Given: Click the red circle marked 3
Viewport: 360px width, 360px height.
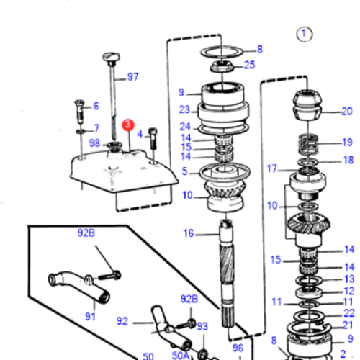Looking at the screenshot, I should point(128,124).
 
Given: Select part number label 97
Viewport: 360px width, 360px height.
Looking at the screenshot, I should point(133,77).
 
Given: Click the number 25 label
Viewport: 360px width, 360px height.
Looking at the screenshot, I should point(249,65).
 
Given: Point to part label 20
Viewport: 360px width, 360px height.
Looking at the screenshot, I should point(346,111).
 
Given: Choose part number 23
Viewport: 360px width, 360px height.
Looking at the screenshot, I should point(184,110).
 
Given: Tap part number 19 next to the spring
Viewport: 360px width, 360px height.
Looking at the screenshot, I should point(348,143).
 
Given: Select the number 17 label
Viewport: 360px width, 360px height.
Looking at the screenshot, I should point(271,170).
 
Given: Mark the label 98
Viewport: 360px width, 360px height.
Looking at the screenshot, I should point(94,143).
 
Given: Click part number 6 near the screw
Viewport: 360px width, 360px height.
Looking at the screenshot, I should point(95,106).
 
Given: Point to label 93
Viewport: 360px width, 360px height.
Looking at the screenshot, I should point(202,326).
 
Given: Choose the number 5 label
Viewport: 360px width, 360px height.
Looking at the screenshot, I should point(184,171).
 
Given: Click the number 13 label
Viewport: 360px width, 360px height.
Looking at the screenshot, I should point(348,279).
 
